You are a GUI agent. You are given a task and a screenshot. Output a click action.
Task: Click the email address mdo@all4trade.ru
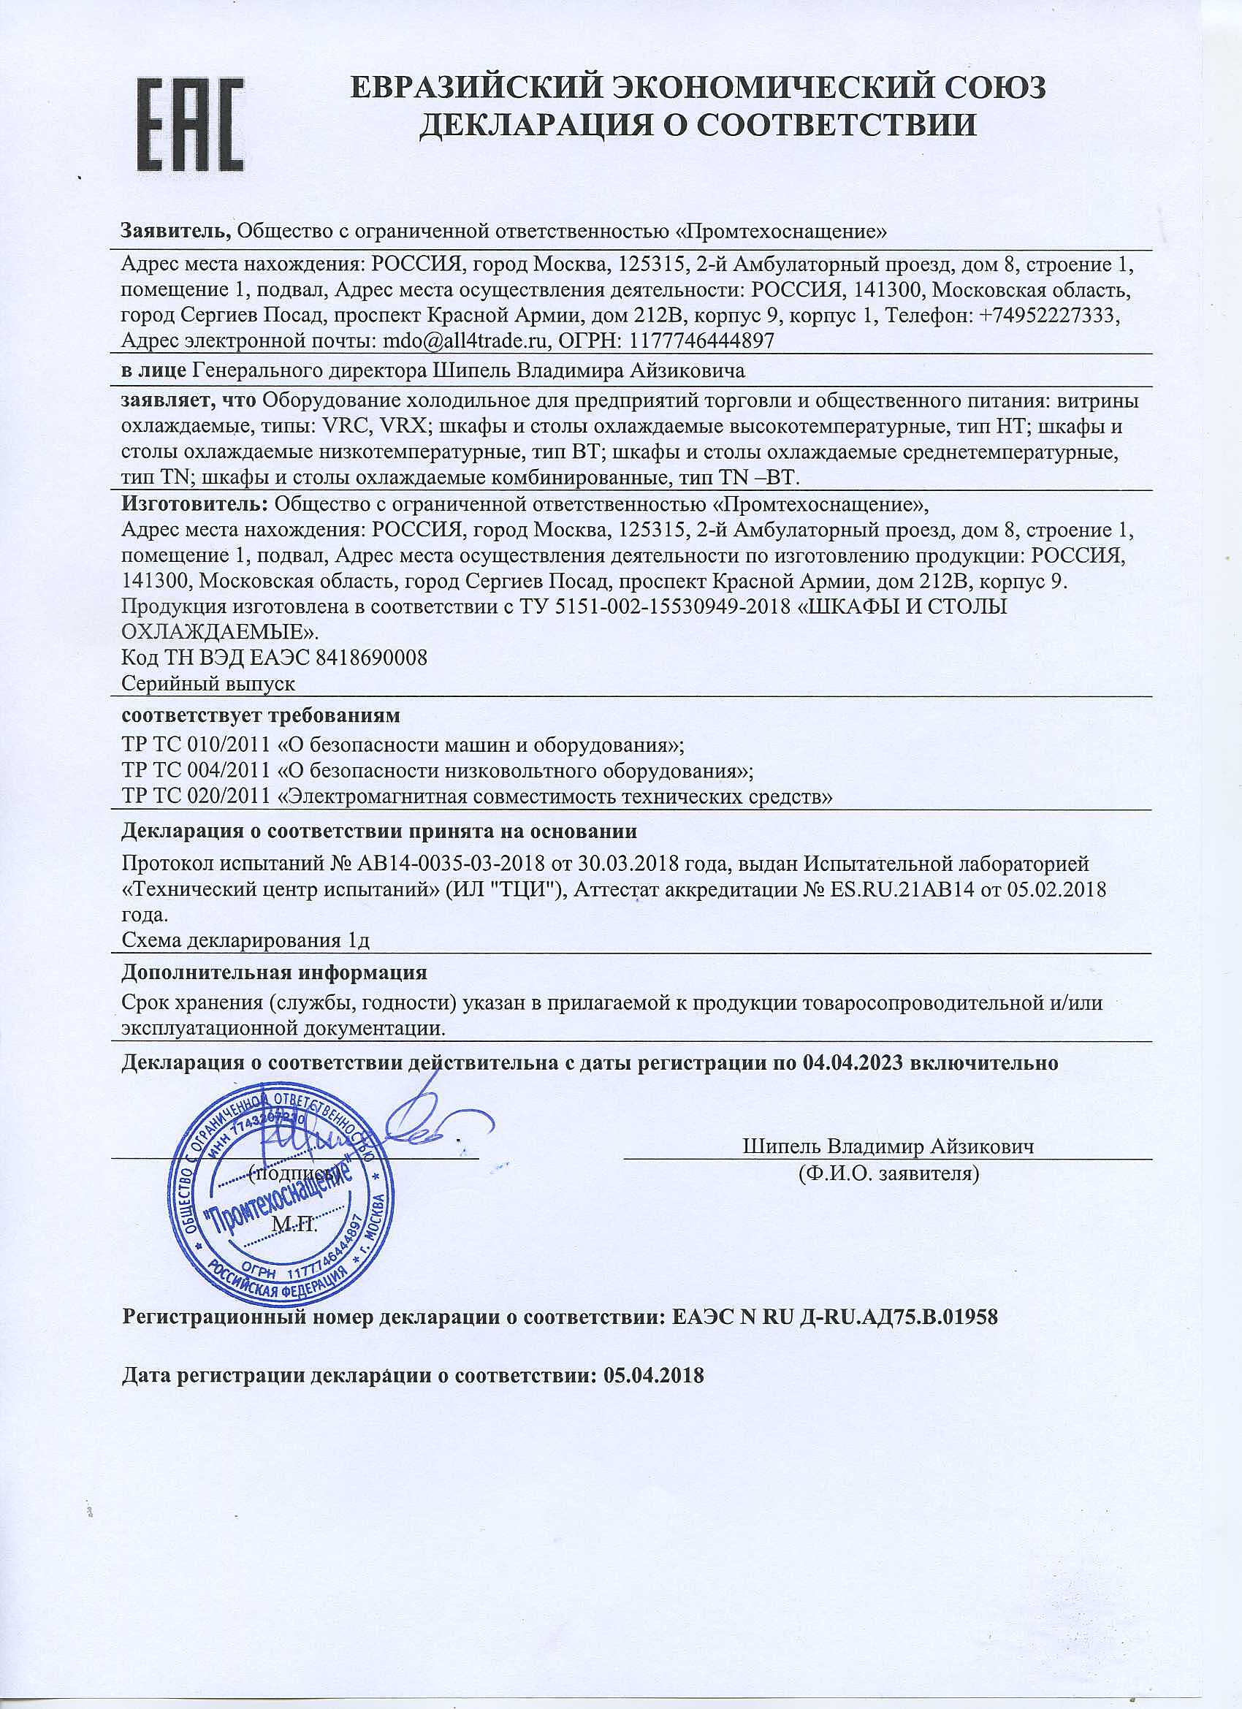(463, 340)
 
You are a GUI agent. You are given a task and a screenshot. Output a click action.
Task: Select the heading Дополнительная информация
(274, 972)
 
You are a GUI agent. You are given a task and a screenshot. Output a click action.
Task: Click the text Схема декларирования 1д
(245, 940)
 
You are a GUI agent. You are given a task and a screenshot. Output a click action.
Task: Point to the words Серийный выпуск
(208, 683)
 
